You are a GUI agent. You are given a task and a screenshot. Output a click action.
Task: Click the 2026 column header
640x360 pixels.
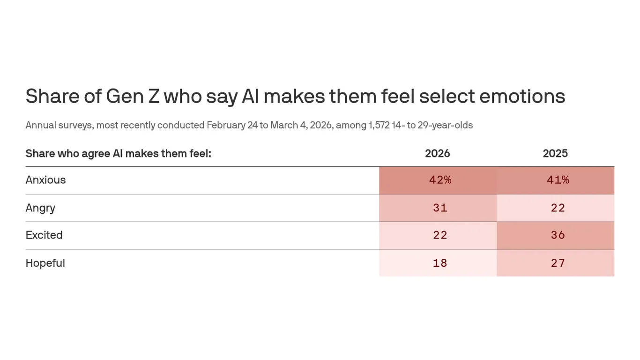coord(437,153)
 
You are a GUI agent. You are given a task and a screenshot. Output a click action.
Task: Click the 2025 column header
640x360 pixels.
coord(555,153)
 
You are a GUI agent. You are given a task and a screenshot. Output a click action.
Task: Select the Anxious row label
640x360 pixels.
coord(45,180)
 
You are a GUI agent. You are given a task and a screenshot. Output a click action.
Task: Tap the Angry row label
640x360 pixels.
coord(40,208)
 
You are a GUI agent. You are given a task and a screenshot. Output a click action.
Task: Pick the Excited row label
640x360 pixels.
coord(44,235)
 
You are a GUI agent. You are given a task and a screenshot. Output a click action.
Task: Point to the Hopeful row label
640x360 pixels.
coord(45,263)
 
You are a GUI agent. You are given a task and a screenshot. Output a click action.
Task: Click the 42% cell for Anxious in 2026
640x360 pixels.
coord(440,180)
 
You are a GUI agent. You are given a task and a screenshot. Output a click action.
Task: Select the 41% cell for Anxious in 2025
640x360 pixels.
coord(558,180)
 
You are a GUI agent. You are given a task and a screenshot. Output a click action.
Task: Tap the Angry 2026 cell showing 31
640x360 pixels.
coord(440,208)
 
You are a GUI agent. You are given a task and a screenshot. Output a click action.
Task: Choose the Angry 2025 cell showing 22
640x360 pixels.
coord(558,208)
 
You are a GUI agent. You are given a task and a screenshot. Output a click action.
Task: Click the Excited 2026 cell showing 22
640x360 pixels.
coord(440,235)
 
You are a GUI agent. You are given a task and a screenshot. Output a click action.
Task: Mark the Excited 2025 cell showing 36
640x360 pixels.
coord(558,235)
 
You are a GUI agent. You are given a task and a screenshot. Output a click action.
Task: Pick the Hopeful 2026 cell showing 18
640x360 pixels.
coord(440,263)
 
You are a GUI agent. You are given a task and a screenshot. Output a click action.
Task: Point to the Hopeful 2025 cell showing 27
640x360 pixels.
coord(558,263)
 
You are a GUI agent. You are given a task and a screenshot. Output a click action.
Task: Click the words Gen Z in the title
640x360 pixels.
coord(132,97)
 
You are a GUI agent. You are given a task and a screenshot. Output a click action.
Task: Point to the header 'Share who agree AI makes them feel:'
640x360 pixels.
coord(118,153)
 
